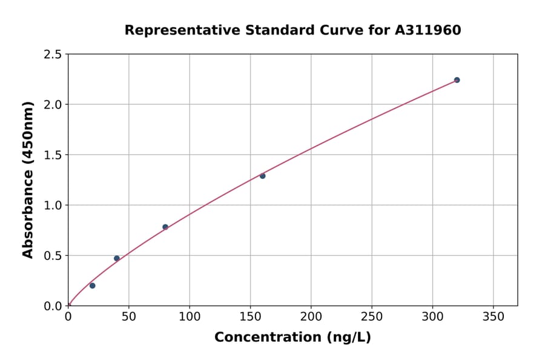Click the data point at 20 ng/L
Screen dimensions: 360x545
click(92, 285)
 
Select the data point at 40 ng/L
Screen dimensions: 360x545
click(117, 258)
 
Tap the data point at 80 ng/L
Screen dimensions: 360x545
click(165, 227)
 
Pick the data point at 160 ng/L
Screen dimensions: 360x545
click(262, 176)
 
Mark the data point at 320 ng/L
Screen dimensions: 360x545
click(457, 80)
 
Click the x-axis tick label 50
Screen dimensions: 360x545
click(128, 316)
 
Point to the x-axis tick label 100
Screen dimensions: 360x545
click(190, 316)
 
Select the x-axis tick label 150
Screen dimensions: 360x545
click(250, 316)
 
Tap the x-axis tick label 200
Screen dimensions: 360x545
click(311, 316)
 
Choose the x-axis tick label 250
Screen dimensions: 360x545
click(371, 316)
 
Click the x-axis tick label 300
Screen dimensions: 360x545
click(432, 316)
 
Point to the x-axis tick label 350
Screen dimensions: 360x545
click(493, 316)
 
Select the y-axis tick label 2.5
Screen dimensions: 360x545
click(53, 55)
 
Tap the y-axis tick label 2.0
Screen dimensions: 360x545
click(53, 105)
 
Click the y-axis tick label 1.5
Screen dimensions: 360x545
click(53, 155)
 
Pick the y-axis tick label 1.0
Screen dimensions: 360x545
click(53, 205)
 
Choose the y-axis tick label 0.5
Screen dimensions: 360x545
click(53, 256)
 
